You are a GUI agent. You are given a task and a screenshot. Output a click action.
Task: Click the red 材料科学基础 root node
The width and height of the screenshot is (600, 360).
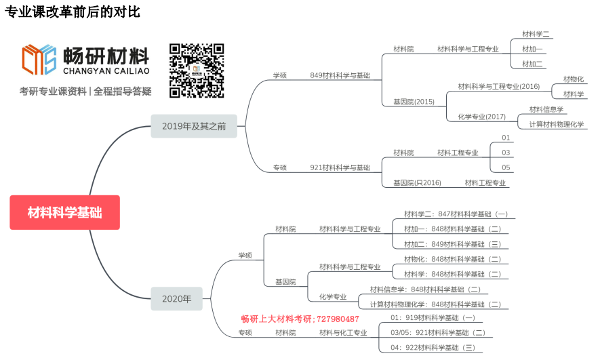[64, 212]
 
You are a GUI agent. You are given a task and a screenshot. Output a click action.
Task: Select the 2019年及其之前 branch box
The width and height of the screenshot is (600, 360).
[194, 126]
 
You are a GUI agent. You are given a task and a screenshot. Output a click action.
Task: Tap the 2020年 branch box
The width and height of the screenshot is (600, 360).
[176, 298]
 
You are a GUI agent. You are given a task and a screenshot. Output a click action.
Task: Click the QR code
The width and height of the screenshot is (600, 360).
[197, 71]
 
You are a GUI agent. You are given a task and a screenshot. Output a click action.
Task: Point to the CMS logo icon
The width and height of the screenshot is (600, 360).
[39, 60]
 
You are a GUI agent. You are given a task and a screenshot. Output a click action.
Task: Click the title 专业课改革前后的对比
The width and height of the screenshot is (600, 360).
[73, 12]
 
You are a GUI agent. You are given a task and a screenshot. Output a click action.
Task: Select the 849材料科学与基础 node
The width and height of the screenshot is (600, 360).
[340, 75]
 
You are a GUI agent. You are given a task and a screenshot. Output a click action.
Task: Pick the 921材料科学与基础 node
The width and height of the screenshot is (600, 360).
[340, 167]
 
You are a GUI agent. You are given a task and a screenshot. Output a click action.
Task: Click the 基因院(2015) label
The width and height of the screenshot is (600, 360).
[414, 102]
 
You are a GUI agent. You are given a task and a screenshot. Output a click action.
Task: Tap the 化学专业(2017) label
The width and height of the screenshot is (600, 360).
[481, 117]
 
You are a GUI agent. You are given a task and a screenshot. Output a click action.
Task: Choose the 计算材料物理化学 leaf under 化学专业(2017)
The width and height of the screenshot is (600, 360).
[557, 124]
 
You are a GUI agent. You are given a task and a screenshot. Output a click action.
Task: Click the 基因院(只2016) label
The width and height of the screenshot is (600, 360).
[417, 182]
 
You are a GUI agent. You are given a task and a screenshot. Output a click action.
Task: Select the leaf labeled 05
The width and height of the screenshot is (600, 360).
[506, 167]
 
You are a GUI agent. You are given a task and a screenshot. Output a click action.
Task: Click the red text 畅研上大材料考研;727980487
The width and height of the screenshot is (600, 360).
[300, 319]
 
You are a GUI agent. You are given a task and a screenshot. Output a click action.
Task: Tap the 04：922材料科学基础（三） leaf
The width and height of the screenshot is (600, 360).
[433, 348]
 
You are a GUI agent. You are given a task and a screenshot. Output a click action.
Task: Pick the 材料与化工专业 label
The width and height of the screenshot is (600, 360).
[343, 333]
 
